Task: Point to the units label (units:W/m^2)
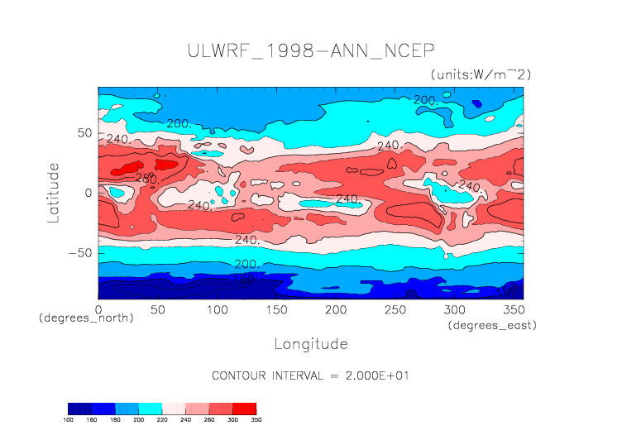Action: (481, 74)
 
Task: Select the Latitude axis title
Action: (53, 192)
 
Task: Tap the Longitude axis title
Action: (310, 343)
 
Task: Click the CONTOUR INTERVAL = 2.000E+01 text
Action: (311, 375)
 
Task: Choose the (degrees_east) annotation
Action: (493, 326)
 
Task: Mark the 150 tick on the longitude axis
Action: (275, 308)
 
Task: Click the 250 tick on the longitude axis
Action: (394, 308)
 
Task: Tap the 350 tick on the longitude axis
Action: (512, 308)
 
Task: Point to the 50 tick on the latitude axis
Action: (84, 132)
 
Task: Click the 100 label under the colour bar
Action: (69, 419)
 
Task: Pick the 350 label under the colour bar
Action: (256, 419)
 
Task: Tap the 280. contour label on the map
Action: (146, 179)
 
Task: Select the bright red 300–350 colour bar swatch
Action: (244, 409)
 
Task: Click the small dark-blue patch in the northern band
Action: (477, 103)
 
